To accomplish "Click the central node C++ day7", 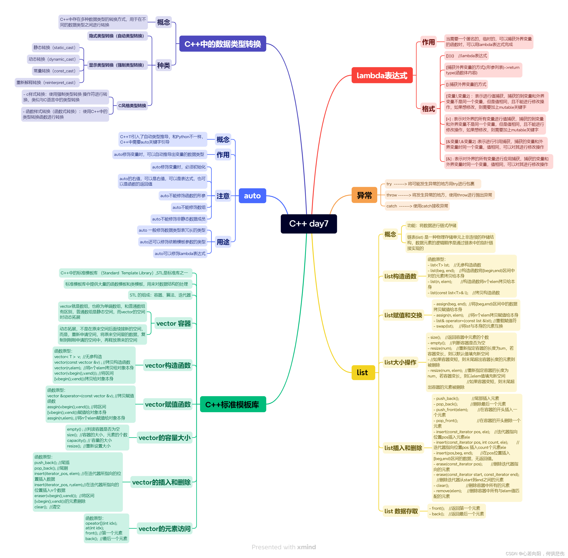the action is [x=308, y=224].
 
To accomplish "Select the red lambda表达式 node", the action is [x=382, y=75].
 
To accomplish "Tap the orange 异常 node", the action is [x=364, y=195].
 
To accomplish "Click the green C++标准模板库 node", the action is [x=233, y=405].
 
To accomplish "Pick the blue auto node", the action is [x=252, y=196].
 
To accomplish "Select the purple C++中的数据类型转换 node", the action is [x=222, y=44].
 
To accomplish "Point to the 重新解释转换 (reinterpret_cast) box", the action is [x=46, y=83].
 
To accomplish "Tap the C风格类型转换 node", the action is [x=132, y=105].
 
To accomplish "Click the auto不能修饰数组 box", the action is [x=189, y=207].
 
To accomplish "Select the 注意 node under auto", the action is [x=223, y=196].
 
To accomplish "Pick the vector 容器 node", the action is [x=173, y=324].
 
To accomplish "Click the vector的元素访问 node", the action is [x=164, y=529].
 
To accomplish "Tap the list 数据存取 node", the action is [x=401, y=511].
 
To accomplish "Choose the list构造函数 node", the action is [x=400, y=276].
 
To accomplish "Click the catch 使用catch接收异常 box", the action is [x=417, y=206].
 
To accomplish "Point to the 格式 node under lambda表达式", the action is [x=428, y=109].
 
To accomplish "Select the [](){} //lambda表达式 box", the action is [x=466, y=56].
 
